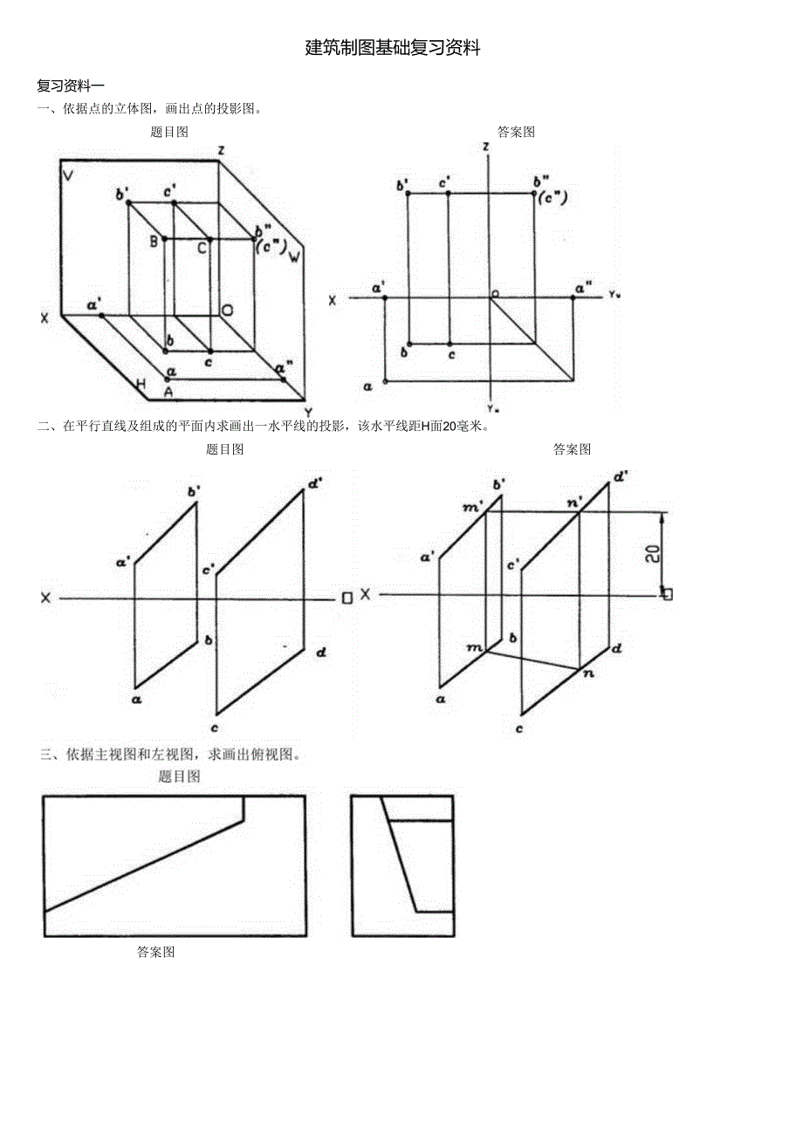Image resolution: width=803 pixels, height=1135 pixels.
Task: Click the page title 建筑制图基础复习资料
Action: (393, 49)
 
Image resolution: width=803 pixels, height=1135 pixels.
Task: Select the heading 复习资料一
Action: (71, 85)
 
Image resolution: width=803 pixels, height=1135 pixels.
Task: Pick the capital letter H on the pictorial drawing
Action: (140, 383)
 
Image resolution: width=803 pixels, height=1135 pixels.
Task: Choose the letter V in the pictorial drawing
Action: (67, 175)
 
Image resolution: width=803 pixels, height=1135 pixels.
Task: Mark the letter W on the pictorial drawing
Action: (295, 256)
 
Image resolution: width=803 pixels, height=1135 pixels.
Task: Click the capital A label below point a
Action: (168, 392)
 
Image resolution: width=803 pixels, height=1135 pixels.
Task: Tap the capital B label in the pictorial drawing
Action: (153, 242)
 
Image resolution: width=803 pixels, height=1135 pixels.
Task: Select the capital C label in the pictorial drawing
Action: (201, 248)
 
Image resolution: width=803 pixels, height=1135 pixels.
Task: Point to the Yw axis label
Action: (614, 295)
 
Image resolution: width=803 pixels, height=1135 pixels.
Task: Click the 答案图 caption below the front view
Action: (156, 952)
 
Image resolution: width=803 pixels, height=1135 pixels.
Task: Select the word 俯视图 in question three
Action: (276, 755)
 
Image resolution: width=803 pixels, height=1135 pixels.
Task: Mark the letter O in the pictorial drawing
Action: (227, 311)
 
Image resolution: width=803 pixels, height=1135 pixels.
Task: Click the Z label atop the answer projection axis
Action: (485, 147)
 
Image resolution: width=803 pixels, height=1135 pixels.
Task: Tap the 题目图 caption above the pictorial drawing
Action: (169, 132)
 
